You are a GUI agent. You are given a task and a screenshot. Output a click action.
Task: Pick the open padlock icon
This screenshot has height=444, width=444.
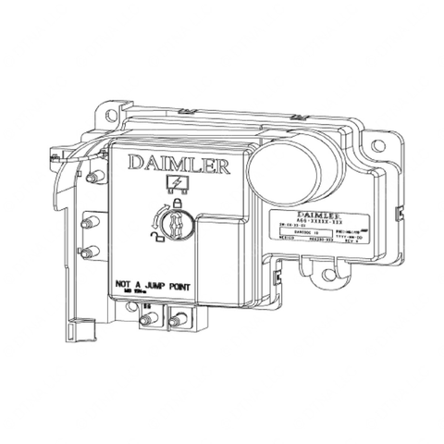pyautogui.click(x=149, y=238)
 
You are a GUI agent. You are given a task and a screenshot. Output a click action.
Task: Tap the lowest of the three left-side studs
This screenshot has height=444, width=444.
pyautogui.click(x=89, y=252)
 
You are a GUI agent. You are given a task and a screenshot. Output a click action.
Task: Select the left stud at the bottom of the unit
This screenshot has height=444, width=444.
pyautogui.click(x=147, y=321)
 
